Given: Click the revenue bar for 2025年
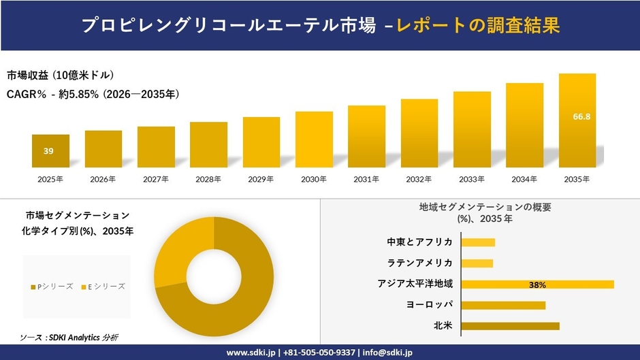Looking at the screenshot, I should [x=50, y=151].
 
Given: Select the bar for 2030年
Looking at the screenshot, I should [x=314, y=140].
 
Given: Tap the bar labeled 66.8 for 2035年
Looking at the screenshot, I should [x=577, y=120].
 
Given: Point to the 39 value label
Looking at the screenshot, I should [x=48, y=151].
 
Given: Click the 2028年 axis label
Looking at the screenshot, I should [x=208, y=180].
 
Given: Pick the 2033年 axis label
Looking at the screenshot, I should [x=472, y=180].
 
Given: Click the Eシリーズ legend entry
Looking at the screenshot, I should [x=103, y=287].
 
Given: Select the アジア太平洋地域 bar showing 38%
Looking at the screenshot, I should [x=537, y=284].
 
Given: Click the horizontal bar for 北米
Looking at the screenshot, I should [x=510, y=326].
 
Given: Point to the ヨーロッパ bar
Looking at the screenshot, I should [x=503, y=305].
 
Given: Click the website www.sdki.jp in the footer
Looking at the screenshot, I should [x=251, y=353].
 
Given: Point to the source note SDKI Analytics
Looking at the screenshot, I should [x=71, y=338].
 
